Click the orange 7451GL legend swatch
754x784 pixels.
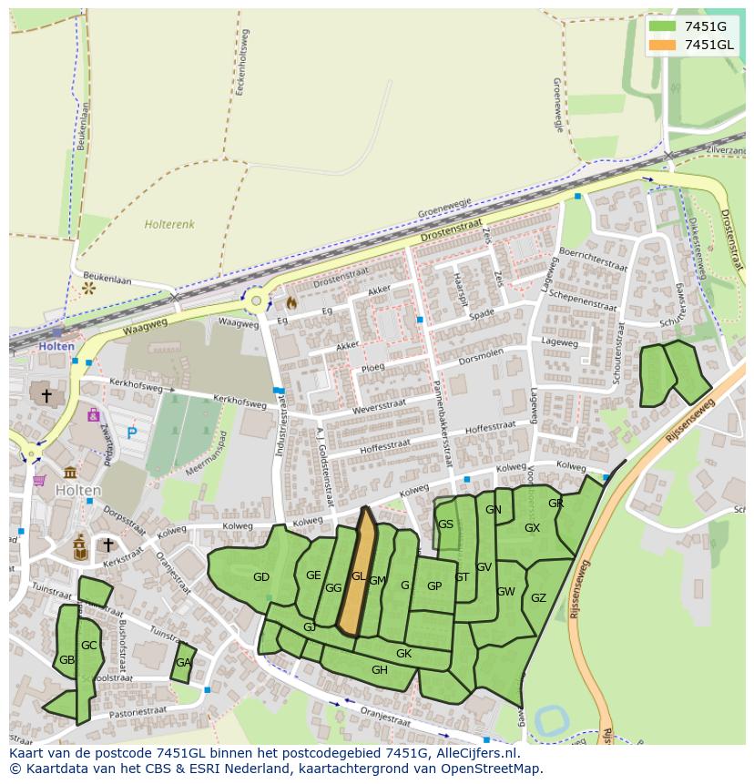tap(663, 45)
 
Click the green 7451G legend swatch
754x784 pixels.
tap(663, 26)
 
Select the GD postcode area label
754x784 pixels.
tap(261, 577)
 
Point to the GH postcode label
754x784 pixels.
tap(380, 670)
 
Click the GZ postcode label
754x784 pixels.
tap(538, 598)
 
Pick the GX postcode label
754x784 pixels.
tap(532, 528)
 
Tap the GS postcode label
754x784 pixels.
tap(445, 524)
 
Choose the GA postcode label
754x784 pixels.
tap(184, 663)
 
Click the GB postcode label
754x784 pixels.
tap(66, 660)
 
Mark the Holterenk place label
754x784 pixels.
tap(169, 224)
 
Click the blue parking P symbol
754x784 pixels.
tap(132, 433)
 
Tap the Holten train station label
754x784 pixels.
tap(56, 347)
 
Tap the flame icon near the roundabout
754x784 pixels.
tap(291, 301)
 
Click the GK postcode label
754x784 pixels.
tap(403, 654)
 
